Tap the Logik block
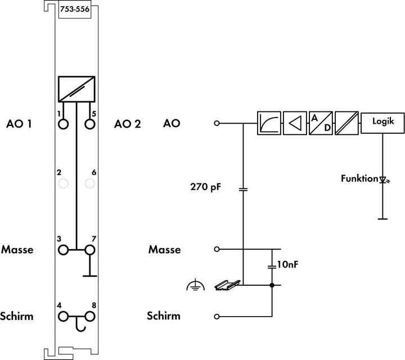pos(382,122)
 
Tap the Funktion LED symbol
pos(384,180)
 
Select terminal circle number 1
pos(64,123)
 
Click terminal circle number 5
pos(89,123)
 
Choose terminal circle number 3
pos(64,249)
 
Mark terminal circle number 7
pos(89,249)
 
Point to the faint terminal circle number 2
pos(64,183)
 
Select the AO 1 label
pos(19,123)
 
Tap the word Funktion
pos(358,179)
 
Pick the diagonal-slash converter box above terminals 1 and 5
pos(76,89)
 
